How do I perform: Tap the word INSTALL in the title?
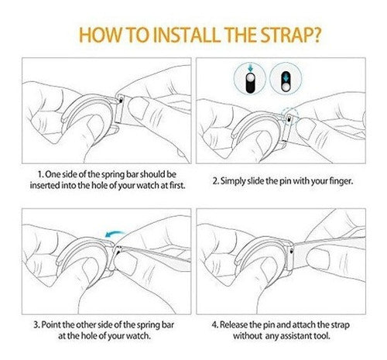tap(187, 35)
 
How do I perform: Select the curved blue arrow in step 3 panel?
tap(115, 234)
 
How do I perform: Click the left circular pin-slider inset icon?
tap(249, 78)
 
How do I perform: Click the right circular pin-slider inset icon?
tap(286, 78)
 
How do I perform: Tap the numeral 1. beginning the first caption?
tap(41, 174)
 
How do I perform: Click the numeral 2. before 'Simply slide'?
tap(216, 181)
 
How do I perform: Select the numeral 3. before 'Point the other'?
tap(36, 324)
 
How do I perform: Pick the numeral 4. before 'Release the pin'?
tap(214, 324)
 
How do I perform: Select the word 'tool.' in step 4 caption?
tap(323, 335)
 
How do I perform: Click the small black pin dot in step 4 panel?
tap(292, 250)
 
